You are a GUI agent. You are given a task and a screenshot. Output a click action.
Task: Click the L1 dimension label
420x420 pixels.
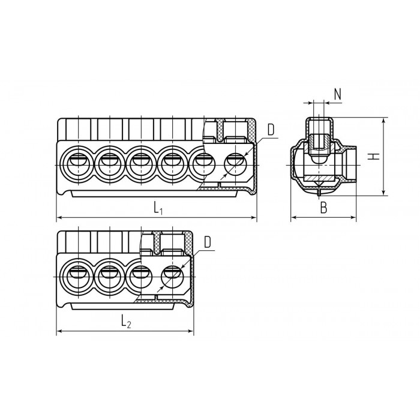click(158, 208)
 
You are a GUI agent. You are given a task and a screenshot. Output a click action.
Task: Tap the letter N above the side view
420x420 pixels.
click(338, 94)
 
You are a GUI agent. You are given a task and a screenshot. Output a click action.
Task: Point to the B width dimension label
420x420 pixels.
click(324, 208)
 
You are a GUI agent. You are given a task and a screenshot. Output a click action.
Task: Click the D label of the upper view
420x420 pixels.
click(271, 130)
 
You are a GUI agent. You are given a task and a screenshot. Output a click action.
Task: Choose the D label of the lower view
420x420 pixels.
click(208, 242)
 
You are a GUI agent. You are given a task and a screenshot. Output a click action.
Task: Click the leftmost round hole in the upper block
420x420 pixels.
click(78, 164)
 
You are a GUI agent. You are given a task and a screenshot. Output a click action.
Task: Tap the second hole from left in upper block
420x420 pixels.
click(110, 164)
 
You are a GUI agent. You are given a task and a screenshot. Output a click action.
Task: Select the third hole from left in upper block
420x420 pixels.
click(141, 164)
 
